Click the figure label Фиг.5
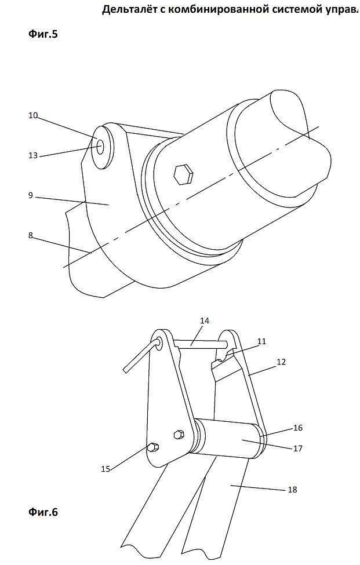tap(43, 34)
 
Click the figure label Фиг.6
tap(43, 512)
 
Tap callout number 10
tap(33, 116)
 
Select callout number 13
tap(33, 156)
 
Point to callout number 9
tap(31, 195)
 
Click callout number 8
tap(31, 235)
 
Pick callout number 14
tap(204, 320)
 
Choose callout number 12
tap(281, 362)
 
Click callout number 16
tap(297, 428)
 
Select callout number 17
tap(297, 449)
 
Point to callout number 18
tap(293, 489)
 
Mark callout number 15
tap(106, 469)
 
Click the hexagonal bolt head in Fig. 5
tap(183, 174)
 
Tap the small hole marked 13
tap(100, 146)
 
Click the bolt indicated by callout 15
tap(152, 447)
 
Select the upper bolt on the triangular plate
tap(179, 434)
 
